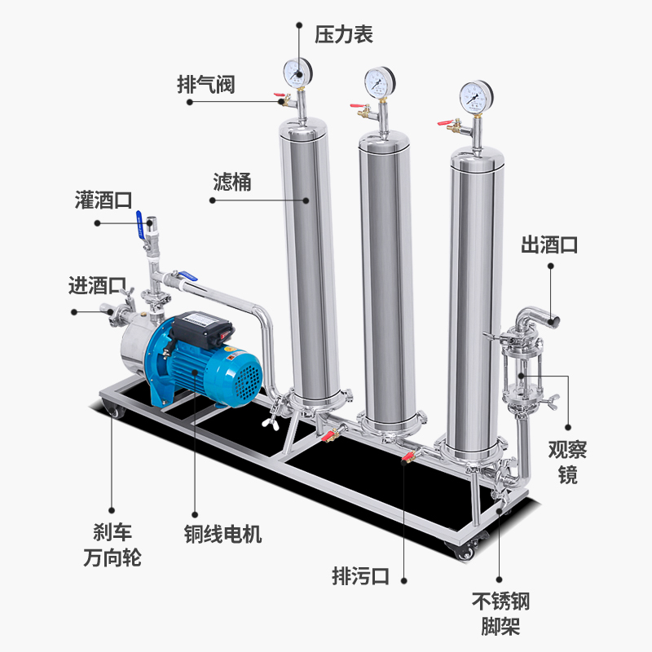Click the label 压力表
coord(345,34)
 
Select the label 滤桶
coord(231,182)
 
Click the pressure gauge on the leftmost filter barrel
coord(299,73)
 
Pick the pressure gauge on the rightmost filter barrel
coord(475,97)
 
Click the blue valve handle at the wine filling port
coord(147,219)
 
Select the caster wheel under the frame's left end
coord(112,411)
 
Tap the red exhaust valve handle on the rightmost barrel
coord(444,124)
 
